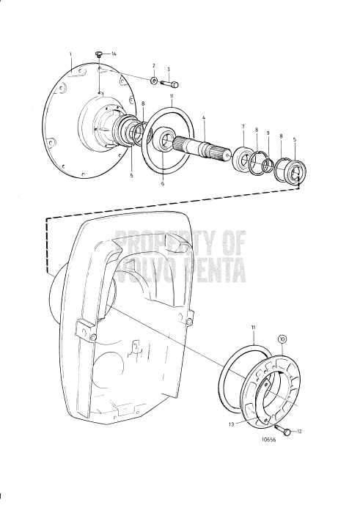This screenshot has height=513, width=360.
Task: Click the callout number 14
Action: pyautogui.click(x=113, y=55)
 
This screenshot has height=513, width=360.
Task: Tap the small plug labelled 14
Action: pyautogui.click(x=99, y=53)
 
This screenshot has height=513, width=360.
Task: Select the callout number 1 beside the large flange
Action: pyautogui.click(x=70, y=54)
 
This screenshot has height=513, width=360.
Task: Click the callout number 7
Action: pyautogui.click(x=242, y=127)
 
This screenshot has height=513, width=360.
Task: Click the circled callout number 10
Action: pyautogui.click(x=282, y=340)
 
